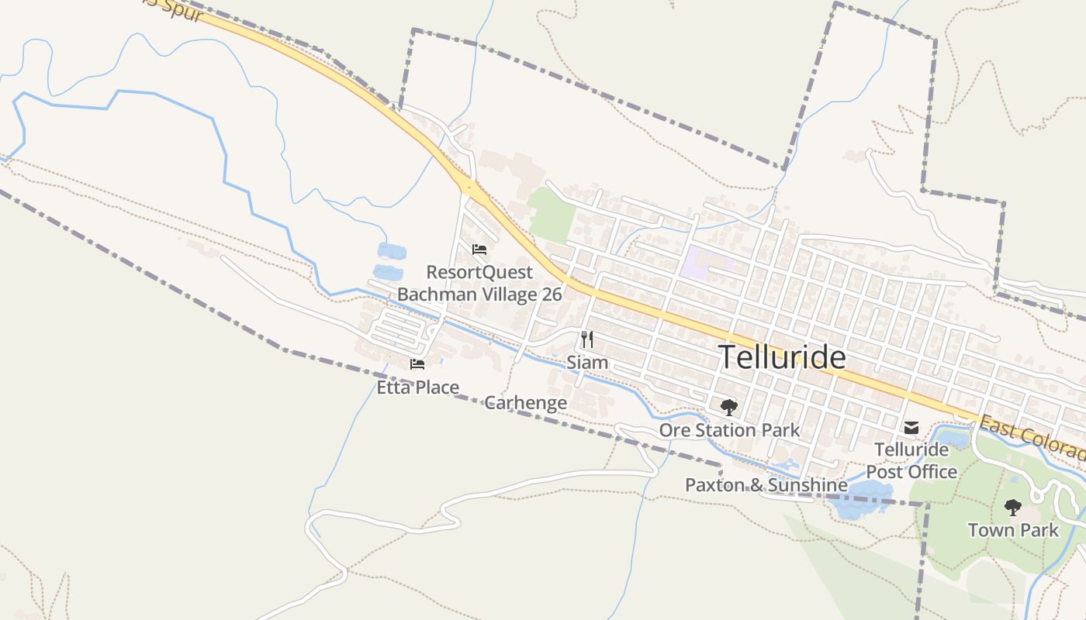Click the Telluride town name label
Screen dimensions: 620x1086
coord(782,357)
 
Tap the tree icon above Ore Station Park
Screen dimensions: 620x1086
coord(728,407)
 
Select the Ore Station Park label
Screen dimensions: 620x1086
coord(728,429)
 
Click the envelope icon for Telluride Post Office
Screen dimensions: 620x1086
coord(911,427)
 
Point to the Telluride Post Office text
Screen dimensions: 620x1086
coord(911,460)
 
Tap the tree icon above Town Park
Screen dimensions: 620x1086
coord(1012,508)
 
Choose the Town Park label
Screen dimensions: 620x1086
coord(1012,530)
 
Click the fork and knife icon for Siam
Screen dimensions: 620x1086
coord(587,339)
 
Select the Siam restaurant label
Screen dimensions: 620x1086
coord(587,362)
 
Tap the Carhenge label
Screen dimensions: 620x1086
coord(525,403)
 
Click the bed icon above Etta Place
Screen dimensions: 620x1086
coord(417,364)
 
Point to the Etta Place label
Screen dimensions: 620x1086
coord(417,387)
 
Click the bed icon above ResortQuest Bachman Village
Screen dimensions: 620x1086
coord(479,250)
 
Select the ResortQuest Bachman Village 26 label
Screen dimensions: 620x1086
coord(479,283)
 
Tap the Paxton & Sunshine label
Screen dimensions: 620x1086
coord(766,485)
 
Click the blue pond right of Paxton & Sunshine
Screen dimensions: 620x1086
coord(858,498)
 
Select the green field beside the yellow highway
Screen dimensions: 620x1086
coord(552,212)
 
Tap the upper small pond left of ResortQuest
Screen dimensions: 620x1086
coord(391,251)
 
